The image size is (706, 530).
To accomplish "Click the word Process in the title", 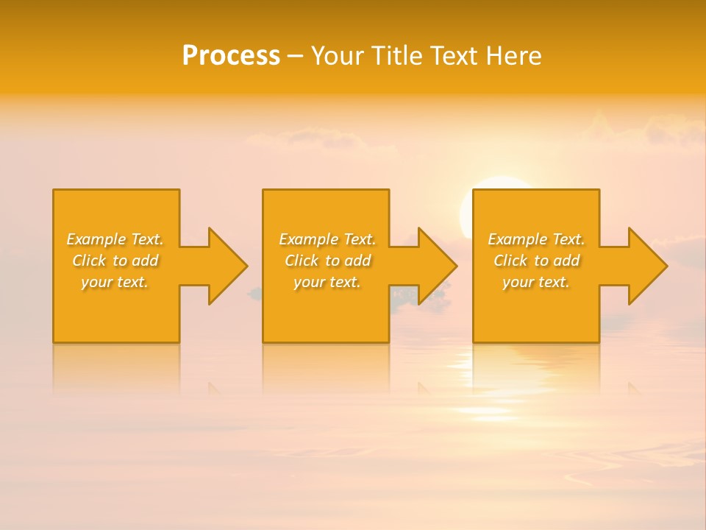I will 231,56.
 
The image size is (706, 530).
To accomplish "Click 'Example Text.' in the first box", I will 115,239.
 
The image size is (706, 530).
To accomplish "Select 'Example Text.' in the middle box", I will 327,239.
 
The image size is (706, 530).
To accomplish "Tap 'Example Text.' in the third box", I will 536,239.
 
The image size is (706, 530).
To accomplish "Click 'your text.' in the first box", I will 115,282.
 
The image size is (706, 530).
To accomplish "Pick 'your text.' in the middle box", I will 327,282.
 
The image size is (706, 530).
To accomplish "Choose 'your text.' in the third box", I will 536,282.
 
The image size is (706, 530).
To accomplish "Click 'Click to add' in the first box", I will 115,261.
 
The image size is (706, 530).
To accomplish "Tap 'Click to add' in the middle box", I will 327,261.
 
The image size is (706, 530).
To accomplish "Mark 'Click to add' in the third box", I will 536,261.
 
